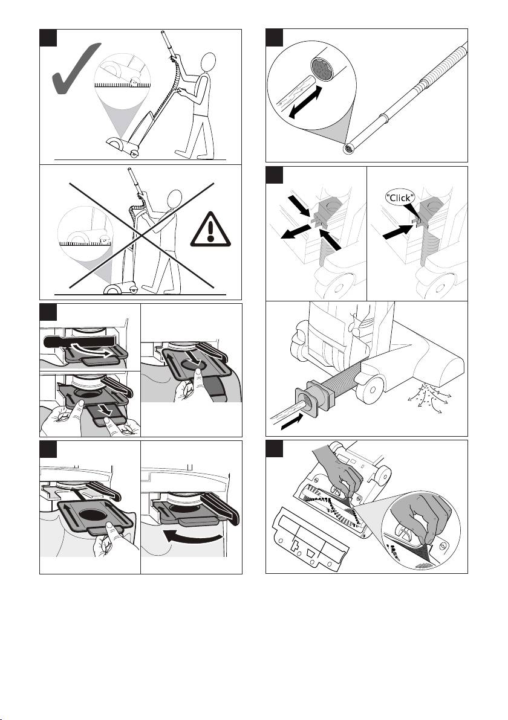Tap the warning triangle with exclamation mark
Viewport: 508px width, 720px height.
point(210,229)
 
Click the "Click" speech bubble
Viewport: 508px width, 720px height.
point(400,198)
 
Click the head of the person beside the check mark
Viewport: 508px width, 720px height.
point(209,62)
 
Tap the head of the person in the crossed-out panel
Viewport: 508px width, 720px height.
point(174,198)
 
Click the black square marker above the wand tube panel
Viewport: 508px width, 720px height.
point(275,37)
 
